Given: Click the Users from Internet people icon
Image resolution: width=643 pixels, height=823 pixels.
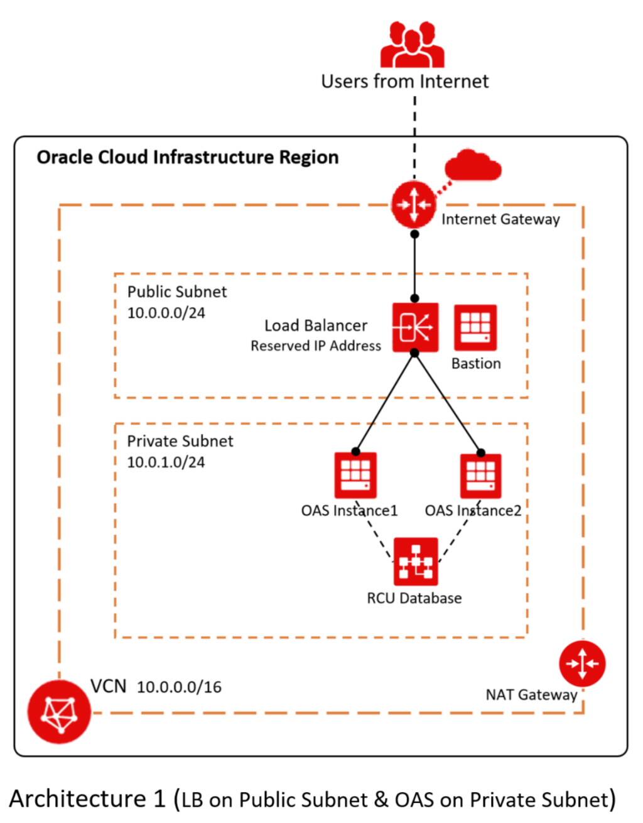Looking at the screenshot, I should pyautogui.click(x=412, y=45).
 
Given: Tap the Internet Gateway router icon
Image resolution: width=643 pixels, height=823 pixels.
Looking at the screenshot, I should pyautogui.click(x=413, y=205).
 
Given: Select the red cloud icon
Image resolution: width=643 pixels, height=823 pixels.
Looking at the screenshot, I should pyautogui.click(x=473, y=165).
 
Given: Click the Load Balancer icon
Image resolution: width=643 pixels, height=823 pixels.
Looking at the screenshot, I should pyautogui.click(x=415, y=327).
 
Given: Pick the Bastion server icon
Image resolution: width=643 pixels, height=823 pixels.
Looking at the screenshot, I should pyautogui.click(x=475, y=327).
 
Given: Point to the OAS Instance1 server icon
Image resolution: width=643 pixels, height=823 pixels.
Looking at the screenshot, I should pyautogui.click(x=355, y=476).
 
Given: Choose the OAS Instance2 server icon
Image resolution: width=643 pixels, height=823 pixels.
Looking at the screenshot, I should pyautogui.click(x=480, y=476).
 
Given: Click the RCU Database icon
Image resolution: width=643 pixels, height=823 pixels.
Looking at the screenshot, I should pyautogui.click(x=416, y=561).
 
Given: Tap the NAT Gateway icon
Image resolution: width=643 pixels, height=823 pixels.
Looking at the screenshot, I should pyautogui.click(x=582, y=663).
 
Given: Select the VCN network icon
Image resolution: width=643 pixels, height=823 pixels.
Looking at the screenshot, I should pyautogui.click(x=60, y=712).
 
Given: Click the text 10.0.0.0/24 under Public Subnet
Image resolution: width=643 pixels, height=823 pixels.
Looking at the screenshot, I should pyautogui.click(x=166, y=312).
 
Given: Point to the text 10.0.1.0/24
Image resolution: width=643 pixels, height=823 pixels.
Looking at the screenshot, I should pyautogui.click(x=166, y=462).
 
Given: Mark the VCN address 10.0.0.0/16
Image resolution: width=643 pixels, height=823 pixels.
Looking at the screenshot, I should pyautogui.click(x=179, y=687).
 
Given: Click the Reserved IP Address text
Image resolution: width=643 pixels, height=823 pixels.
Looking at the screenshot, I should pyautogui.click(x=316, y=346).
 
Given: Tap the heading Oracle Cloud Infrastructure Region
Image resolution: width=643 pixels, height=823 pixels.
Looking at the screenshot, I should pyautogui.click(x=188, y=157).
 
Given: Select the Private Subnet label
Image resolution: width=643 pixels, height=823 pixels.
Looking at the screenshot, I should pyautogui.click(x=180, y=441).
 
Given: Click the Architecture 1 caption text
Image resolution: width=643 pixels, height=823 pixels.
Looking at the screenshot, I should pyautogui.click(x=312, y=799).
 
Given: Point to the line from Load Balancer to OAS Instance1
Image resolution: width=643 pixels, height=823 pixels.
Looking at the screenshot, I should pyautogui.click(x=385, y=403).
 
